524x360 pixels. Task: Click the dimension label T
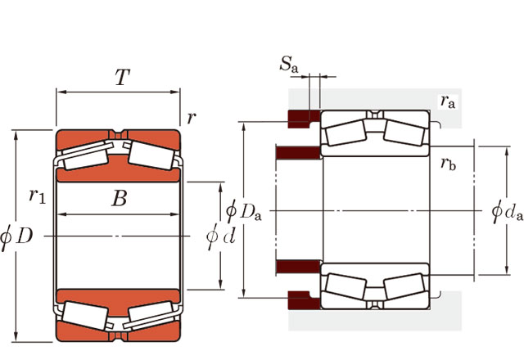(x=122, y=78)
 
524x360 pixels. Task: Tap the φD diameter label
(x=16, y=236)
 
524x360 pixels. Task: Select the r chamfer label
(x=191, y=117)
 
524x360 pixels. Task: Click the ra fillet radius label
(x=447, y=101)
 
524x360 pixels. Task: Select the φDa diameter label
(x=244, y=210)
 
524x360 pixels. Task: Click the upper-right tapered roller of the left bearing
(x=150, y=153)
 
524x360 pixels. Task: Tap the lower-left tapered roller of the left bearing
(x=86, y=314)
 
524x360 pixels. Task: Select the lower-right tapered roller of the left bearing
(x=151, y=316)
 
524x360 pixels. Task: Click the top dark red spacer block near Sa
(x=301, y=118)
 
